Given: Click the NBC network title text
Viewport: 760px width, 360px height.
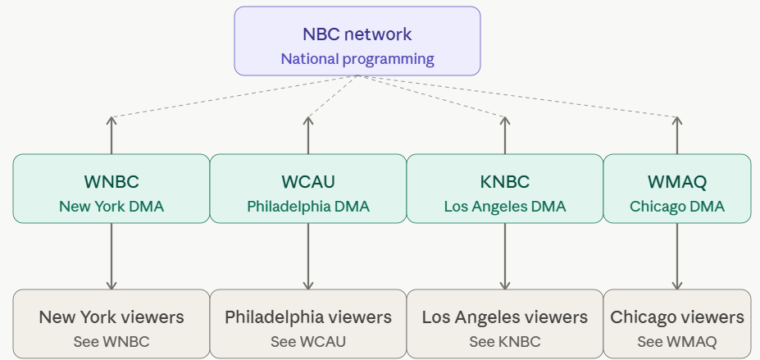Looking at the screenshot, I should pos(357,34).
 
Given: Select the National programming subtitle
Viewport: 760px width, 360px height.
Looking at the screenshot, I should pos(357,59).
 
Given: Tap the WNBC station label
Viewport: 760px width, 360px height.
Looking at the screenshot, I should pos(111,182).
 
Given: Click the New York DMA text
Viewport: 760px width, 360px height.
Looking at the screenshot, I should pos(111,207).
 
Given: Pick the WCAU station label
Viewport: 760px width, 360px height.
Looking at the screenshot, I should pos(308,182).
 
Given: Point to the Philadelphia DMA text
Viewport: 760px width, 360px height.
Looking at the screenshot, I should pos(308,207).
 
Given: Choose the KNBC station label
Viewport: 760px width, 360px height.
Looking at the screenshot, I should pos(505,182).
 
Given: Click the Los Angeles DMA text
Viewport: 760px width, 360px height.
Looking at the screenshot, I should pos(505,207).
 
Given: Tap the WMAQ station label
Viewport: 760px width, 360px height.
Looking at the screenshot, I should pos(676,182).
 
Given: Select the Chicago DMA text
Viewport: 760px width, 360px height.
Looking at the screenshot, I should pos(676,207).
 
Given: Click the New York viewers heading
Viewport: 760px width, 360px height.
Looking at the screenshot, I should pos(111,317).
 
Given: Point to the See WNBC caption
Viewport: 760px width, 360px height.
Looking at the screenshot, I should pos(111,341).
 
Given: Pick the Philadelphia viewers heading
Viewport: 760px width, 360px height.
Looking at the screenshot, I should pos(308,317).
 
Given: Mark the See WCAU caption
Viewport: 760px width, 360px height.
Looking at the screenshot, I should pos(308,341).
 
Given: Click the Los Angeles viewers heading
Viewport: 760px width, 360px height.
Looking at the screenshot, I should pos(505,317).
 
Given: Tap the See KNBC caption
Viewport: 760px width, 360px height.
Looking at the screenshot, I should pos(505,341).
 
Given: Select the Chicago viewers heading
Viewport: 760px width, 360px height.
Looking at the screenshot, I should pos(676,317).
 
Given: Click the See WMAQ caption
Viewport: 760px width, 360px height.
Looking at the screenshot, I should pos(676,341).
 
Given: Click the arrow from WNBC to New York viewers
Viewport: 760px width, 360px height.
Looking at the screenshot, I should pos(111,256).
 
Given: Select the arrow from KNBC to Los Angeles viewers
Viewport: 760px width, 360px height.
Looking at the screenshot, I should pos(505,256).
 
